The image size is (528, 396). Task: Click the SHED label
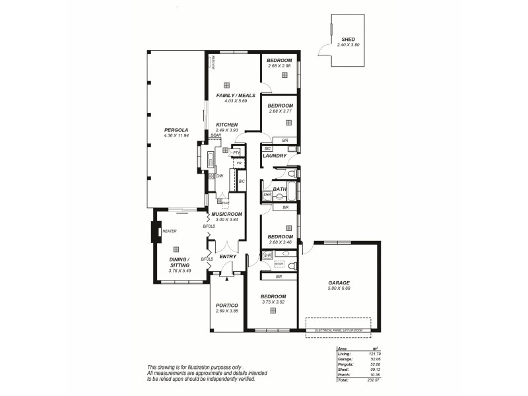(347, 39)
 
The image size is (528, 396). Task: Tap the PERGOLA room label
(176, 130)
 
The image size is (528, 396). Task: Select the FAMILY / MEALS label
(236, 95)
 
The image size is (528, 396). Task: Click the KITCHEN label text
(226, 125)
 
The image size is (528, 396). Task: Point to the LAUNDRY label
(274, 156)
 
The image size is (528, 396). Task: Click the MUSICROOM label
(226, 214)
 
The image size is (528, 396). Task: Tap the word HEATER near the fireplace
(169, 231)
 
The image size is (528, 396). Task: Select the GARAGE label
(339, 282)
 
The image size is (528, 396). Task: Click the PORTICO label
(226, 305)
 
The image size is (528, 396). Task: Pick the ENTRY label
(228, 257)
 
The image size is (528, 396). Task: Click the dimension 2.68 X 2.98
(280, 66)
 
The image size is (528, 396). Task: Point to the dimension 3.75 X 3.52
(272, 302)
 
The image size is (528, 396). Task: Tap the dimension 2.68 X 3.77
(280, 111)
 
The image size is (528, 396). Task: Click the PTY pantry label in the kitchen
(236, 152)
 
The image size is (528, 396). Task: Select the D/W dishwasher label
(219, 176)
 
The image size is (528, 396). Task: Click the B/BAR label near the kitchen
(216, 135)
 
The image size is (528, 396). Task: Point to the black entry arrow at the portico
(226, 279)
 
